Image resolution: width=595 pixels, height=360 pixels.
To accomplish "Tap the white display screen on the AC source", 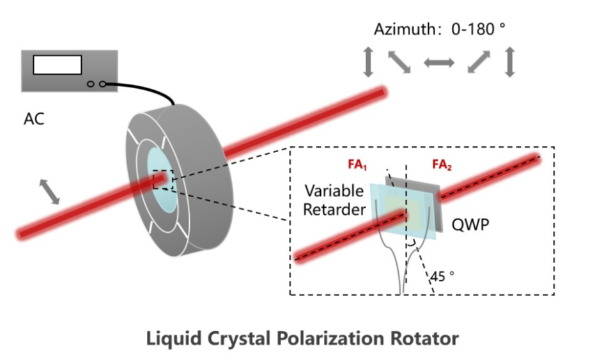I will point(58,65).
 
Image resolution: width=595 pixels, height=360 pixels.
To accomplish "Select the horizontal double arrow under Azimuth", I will point(439,63).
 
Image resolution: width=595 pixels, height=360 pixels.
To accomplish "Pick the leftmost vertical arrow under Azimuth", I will point(368,63).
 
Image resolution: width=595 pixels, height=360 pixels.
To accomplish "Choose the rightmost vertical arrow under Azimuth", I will point(509,63).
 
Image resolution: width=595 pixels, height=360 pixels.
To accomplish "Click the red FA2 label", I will point(440,164).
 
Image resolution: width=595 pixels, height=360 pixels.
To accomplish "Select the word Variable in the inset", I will point(334,191).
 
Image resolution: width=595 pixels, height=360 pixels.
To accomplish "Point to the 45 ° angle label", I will point(442,276).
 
